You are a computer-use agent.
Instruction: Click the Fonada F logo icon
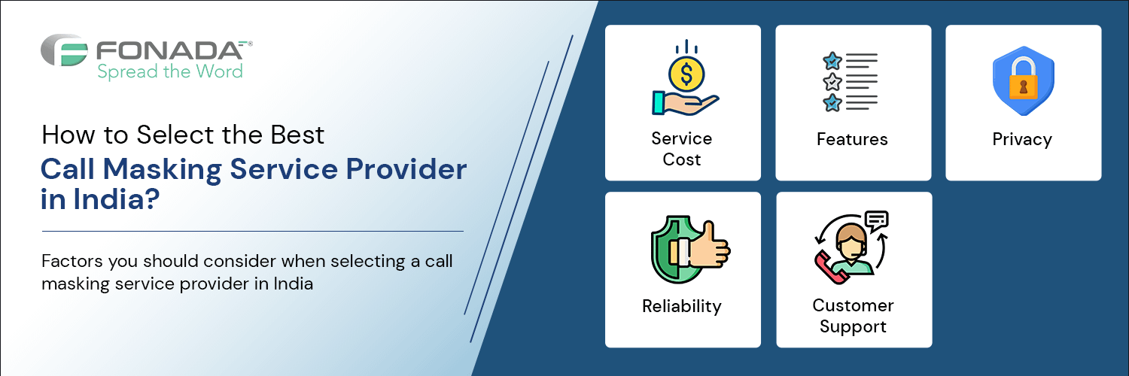click(65, 50)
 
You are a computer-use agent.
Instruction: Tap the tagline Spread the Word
click(170, 72)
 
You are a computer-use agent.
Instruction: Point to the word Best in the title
click(297, 135)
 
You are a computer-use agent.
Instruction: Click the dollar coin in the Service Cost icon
click(686, 74)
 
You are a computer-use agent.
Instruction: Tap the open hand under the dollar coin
click(686, 103)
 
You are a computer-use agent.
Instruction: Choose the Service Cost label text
click(682, 149)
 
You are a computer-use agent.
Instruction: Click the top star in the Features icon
click(832, 61)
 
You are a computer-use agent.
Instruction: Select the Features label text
click(852, 139)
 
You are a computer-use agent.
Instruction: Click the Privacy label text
click(1022, 139)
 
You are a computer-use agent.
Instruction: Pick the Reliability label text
click(682, 306)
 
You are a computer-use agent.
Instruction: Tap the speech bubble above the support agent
click(877, 220)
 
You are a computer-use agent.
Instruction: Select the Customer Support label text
click(854, 316)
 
